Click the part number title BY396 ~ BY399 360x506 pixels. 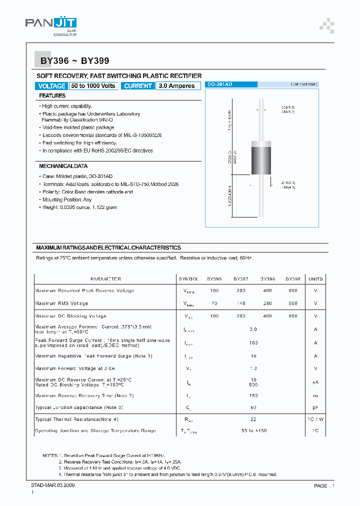pyautogui.click(x=72, y=61)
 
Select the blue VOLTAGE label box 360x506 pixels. pyautogui.click(x=52, y=86)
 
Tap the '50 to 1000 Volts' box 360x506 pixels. pyautogui.click(x=93, y=86)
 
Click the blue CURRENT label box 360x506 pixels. pyautogui.click(x=138, y=86)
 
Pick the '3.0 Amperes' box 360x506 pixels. pyautogui.click(x=176, y=86)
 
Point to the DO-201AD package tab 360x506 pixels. pyautogui.click(x=219, y=84)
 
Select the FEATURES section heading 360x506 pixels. pyautogui.click(x=52, y=95)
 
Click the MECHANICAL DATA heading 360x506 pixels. pyautogui.click(x=63, y=165)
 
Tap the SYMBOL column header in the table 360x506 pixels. pyautogui.click(x=188, y=279)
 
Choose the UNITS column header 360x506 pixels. pyautogui.click(x=315, y=279)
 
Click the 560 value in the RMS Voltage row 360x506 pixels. pyautogui.click(x=293, y=303)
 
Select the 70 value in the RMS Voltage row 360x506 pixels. pyautogui.click(x=214, y=303)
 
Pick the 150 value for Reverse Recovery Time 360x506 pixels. pyautogui.click(x=253, y=395)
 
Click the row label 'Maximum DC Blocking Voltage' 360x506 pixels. pyautogui.click(x=70, y=316)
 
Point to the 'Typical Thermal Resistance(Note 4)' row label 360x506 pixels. pyautogui.click(x=76, y=419)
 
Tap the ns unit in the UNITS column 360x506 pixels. pyautogui.click(x=315, y=395)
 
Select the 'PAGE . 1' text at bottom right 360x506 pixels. pyautogui.click(x=324, y=485)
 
